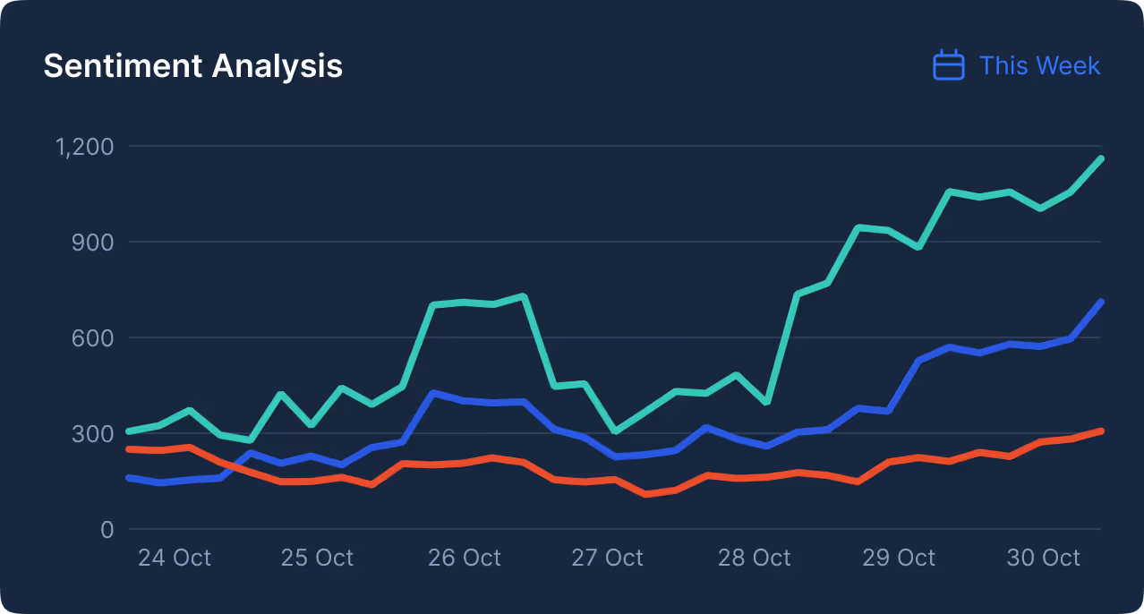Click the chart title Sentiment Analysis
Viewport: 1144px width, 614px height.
tap(192, 66)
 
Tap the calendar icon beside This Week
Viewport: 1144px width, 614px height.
tap(948, 65)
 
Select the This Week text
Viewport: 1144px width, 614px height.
tap(1039, 65)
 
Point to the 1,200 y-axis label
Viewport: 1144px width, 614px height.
tap(84, 146)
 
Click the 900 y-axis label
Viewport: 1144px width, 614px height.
tap(94, 242)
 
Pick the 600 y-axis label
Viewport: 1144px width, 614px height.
tap(94, 337)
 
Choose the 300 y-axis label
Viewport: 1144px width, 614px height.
tap(94, 433)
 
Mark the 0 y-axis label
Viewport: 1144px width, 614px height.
tap(107, 529)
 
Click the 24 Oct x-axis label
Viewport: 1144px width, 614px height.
tap(174, 558)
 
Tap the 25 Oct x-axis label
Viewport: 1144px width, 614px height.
tap(317, 558)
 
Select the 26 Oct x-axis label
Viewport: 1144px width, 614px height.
tap(464, 558)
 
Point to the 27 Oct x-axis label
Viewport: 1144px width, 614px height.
tap(607, 558)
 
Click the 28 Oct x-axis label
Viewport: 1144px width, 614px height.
tap(754, 558)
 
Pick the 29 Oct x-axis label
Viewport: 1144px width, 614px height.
tap(898, 558)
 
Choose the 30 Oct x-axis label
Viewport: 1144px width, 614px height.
tap(1043, 558)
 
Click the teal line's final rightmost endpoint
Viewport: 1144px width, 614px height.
tap(1101, 158)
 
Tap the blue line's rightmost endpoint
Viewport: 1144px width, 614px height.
tap(1101, 303)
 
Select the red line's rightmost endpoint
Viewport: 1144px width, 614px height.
tap(1101, 431)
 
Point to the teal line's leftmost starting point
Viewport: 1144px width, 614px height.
tap(130, 431)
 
